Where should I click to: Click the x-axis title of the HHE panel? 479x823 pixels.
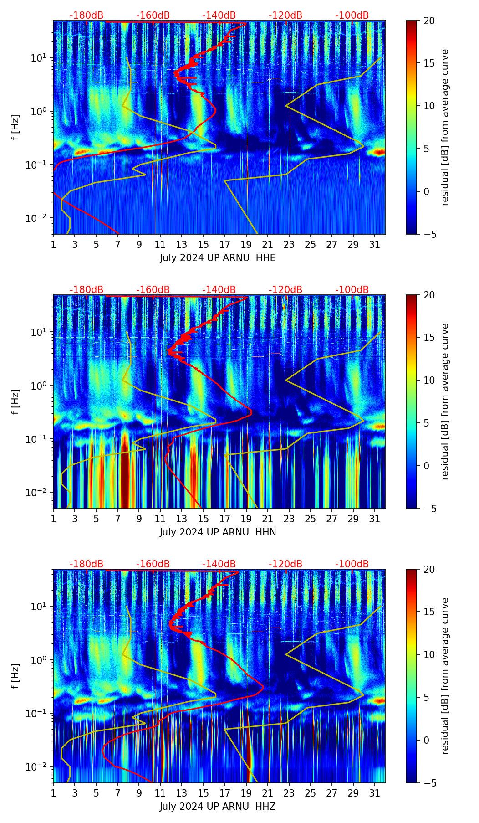pyautogui.click(x=218, y=258)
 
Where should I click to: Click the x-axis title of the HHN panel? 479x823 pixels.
pyautogui.click(x=218, y=532)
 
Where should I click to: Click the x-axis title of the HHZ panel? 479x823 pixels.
pyautogui.click(x=218, y=807)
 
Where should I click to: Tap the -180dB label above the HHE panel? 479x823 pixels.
pyautogui.click(x=87, y=15)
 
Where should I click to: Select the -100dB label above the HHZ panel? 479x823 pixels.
pyautogui.click(x=352, y=564)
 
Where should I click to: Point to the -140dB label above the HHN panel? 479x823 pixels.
pyautogui.click(x=219, y=290)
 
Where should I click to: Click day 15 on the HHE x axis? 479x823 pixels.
pyautogui.click(x=203, y=244)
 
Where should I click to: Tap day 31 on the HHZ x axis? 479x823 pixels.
pyautogui.click(x=374, y=793)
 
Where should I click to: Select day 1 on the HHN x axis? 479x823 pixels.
pyautogui.click(x=53, y=519)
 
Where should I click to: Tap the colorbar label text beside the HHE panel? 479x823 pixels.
pyautogui.click(x=445, y=128)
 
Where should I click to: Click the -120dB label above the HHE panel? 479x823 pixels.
pyautogui.click(x=285, y=15)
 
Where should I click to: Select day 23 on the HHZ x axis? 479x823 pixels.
pyautogui.click(x=289, y=793)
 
